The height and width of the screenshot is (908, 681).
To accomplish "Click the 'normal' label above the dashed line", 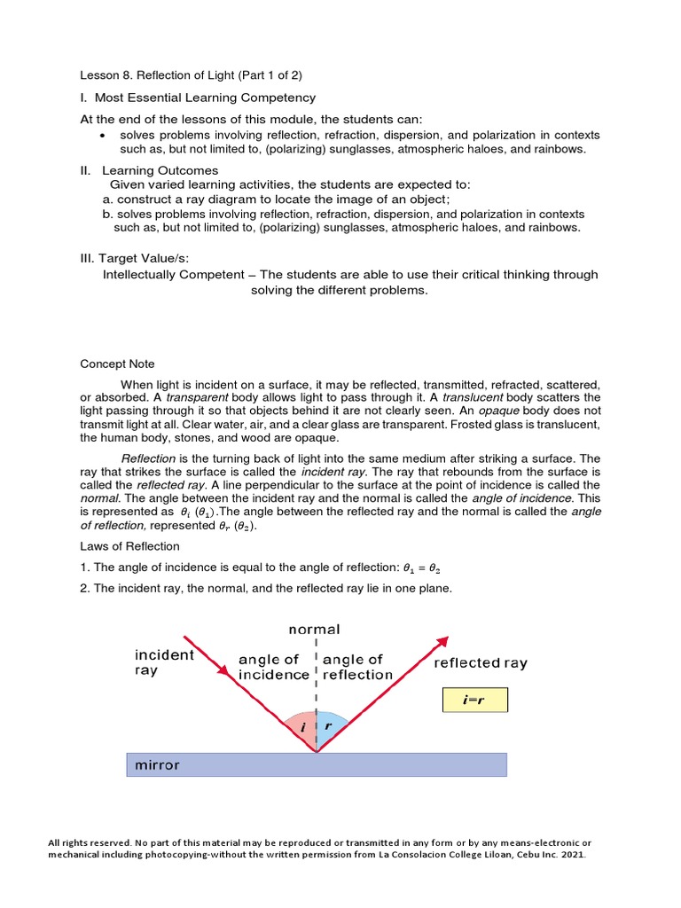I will click(314, 630).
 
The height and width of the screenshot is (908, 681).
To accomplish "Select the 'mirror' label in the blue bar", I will click(157, 764).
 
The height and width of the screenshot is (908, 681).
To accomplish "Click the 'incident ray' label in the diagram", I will click(164, 662).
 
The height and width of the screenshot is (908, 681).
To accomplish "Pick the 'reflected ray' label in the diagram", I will click(480, 662).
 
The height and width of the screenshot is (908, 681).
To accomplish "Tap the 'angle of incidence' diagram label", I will click(274, 667).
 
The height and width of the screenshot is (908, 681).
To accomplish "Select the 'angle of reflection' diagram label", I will click(357, 667).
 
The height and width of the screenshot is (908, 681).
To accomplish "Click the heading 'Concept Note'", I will click(117, 364).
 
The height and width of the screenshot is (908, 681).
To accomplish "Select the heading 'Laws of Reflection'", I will click(129, 546).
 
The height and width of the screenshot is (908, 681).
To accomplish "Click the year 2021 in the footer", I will click(572, 855).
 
